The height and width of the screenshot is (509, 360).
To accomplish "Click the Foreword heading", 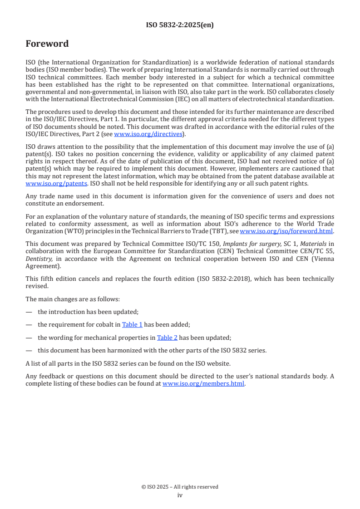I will click(x=47, y=44).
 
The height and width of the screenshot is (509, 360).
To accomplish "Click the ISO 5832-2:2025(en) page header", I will click(x=180, y=25).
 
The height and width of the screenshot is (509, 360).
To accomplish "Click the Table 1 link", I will click(x=132, y=324).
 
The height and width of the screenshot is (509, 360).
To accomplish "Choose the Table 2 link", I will click(x=167, y=338).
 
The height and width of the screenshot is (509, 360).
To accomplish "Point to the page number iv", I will click(x=180, y=495).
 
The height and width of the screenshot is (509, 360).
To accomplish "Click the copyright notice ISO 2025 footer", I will click(x=180, y=487).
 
